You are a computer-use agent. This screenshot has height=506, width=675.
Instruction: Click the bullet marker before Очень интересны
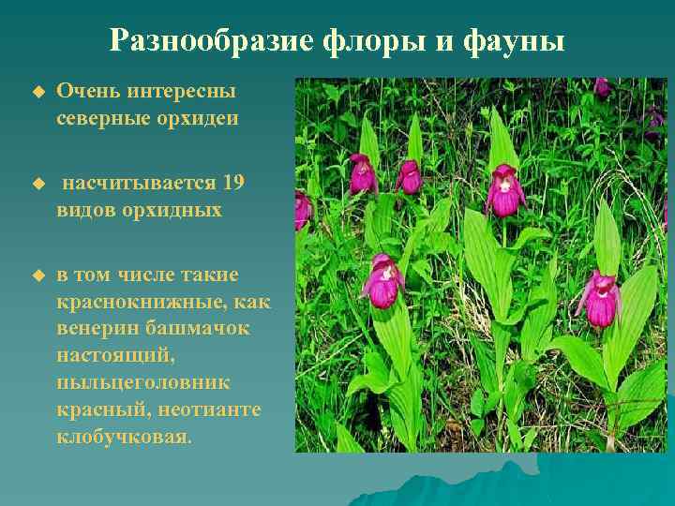coord(38,92)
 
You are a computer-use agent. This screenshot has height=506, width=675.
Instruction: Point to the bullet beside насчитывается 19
coord(38,183)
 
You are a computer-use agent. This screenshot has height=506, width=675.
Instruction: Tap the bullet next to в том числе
coord(38,275)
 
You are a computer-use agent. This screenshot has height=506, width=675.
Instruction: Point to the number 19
coord(234,182)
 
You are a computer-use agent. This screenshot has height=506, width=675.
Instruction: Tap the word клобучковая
coord(123,438)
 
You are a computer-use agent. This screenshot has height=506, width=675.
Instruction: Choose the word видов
coord(85,209)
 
